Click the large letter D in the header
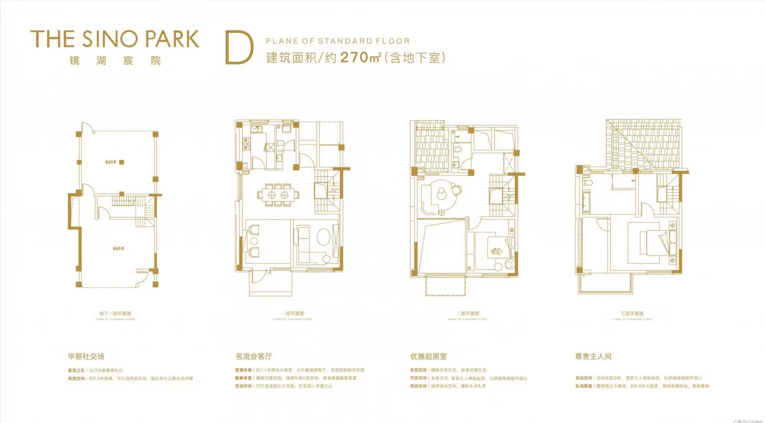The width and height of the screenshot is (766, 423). (x=239, y=48)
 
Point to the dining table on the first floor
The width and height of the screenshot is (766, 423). (x=278, y=195)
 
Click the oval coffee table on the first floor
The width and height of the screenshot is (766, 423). (x=324, y=237)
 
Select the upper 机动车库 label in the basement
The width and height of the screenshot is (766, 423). (x=111, y=162)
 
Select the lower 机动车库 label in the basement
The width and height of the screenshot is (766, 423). (x=118, y=249)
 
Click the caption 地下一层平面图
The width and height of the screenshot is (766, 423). (x=115, y=314)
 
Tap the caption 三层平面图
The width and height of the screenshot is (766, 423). (x=632, y=314)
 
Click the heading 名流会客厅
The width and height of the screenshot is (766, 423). (x=254, y=356)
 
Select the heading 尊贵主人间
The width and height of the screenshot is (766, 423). (x=593, y=356)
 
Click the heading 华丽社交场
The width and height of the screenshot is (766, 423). (x=86, y=356)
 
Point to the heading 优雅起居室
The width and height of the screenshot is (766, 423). (x=429, y=356)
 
